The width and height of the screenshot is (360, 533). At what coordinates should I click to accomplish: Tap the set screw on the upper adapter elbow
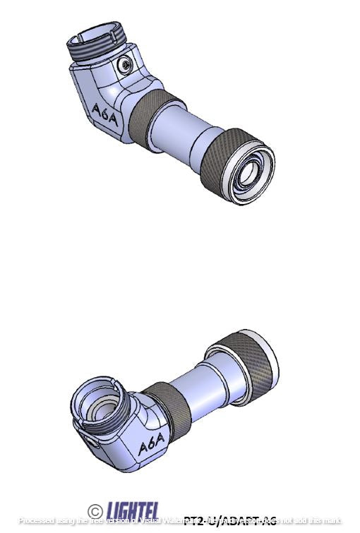[126, 65]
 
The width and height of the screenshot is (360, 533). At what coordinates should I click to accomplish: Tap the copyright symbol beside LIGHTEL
[95, 510]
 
